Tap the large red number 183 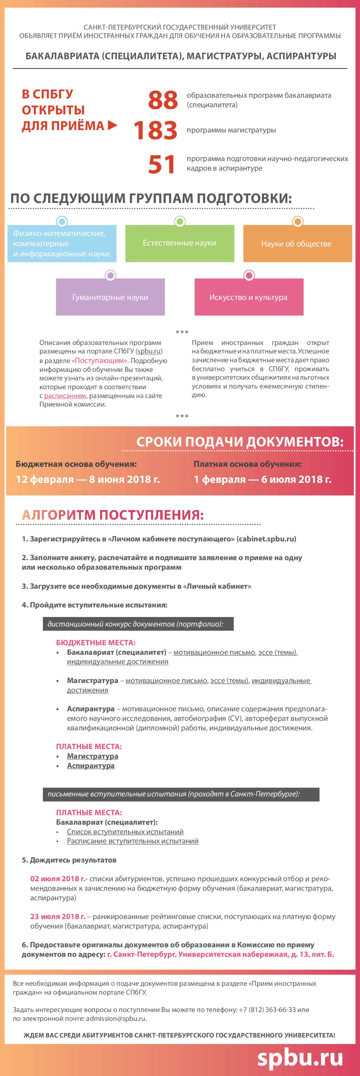tap(156, 130)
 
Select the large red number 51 tap(162, 164)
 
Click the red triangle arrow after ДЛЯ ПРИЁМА tap(112, 125)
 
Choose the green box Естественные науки tap(180, 243)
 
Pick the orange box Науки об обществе tap(297, 243)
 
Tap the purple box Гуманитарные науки tap(110, 297)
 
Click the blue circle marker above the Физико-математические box tap(62, 221)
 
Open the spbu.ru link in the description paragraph tap(149, 351)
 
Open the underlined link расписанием tap(65, 396)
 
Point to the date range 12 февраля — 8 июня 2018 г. tap(88, 479)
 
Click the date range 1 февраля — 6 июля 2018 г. tap(262, 479)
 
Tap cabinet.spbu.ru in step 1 tap(266, 539)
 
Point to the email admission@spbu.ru tap(116, 1018)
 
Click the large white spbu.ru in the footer tap(300, 1057)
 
